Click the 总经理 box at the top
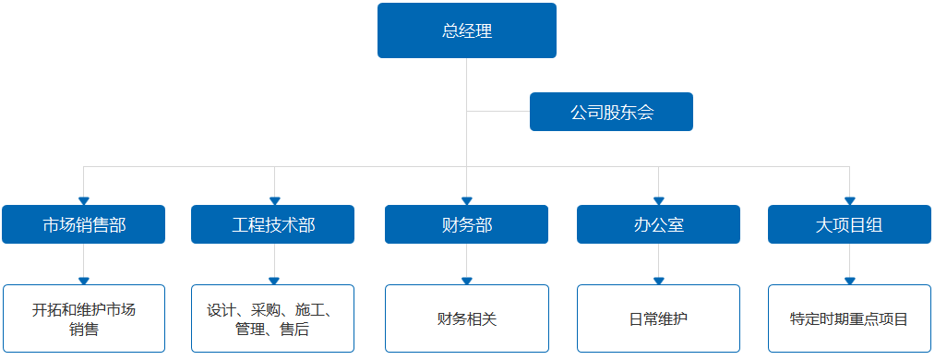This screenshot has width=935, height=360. pyautogui.click(x=466, y=30)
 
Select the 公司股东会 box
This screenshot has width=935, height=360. pyautogui.click(x=611, y=112)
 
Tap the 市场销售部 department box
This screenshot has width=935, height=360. pyautogui.click(x=83, y=224)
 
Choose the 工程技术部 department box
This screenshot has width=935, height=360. pyautogui.click(x=273, y=224)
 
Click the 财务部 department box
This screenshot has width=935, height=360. pyautogui.click(x=466, y=224)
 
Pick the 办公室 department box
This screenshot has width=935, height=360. pyautogui.click(x=658, y=224)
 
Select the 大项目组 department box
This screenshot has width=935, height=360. pyautogui.click(x=849, y=224)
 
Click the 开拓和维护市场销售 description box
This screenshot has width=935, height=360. pyautogui.click(x=83, y=318)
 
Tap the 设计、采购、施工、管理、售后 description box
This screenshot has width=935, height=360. pyautogui.click(x=273, y=318)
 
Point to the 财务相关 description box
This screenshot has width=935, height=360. pyautogui.click(x=466, y=318)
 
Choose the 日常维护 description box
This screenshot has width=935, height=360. pyautogui.click(x=658, y=318)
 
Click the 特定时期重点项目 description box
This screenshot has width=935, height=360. pyautogui.click(x=849, y=318)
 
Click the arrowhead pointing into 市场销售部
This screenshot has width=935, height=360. pyautogui.click(x=83, y=200)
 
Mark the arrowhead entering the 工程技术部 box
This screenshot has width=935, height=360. pyautogui.click(x=273, y=200)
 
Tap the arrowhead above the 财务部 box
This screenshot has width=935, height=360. pyautogui.click(x=466, y=200)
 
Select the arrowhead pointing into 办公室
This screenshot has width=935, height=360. pyautogui.click(x=658, y=200)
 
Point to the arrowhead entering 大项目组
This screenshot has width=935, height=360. pyautogui.click(x=849, y=200)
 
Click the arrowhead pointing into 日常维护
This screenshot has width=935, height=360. pyautogui.click(x=658, y=281)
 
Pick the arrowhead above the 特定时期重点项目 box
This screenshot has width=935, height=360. pyautogui.click(x=849, y=281)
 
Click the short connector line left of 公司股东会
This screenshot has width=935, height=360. pyautogui.click(x=498, y=112)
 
